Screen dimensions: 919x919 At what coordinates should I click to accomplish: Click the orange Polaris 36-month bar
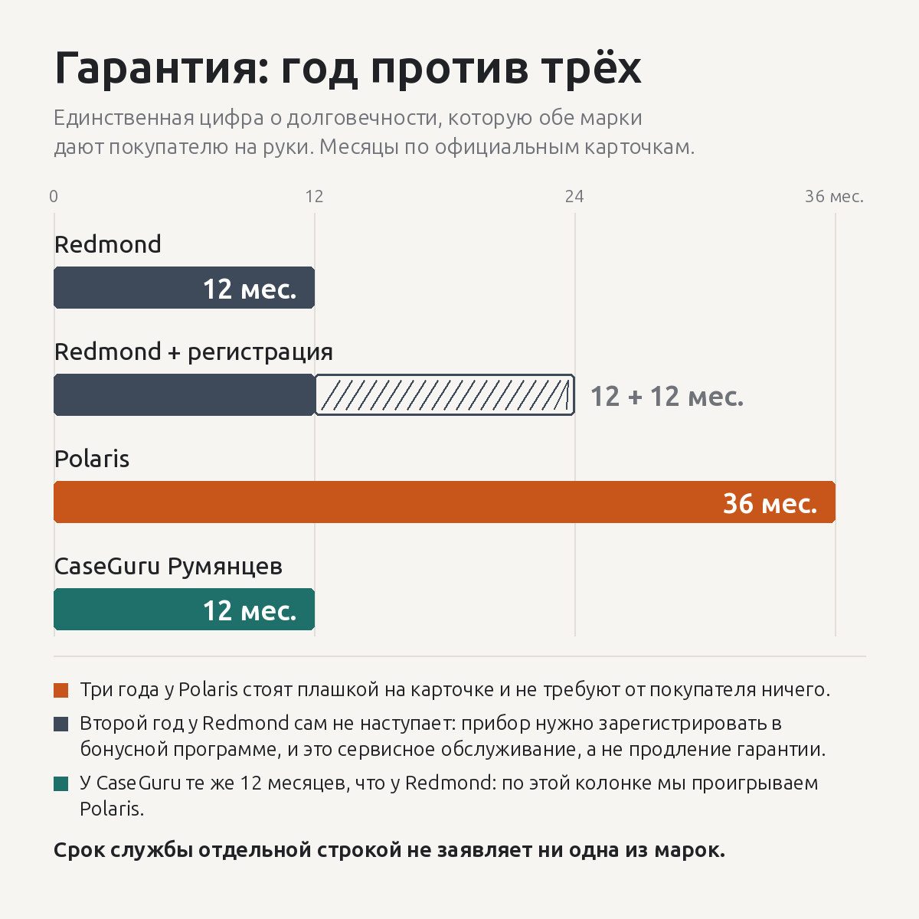(x=444, y=502)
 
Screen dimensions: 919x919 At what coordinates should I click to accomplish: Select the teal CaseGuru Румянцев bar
(x=184, y=609)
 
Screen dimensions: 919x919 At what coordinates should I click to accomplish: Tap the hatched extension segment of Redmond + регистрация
(x=444, y=395)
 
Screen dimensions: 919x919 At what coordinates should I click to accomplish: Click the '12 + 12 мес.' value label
(x=667, y=396)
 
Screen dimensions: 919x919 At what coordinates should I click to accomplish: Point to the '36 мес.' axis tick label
(x=834, y=196)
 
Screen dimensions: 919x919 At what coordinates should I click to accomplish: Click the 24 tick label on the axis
(x=574, y=196)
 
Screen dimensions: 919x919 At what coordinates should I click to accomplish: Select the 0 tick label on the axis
(x=54, y=196)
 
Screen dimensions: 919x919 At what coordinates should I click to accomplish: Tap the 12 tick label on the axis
(x=314, y=196)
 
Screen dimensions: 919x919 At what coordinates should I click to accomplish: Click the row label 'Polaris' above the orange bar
(x=92, y=459)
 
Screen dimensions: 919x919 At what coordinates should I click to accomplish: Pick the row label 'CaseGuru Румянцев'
(x=168, y=567)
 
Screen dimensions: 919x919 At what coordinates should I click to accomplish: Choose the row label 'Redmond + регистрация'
(x=194, y=352)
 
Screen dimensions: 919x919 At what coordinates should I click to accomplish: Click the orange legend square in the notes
(x=61, y=690)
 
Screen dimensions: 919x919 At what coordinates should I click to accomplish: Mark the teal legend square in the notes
(x=61, y=783)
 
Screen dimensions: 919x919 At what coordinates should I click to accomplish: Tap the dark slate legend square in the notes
(x=61, y=724)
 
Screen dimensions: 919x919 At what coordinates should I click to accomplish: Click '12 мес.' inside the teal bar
(x=250, y=610)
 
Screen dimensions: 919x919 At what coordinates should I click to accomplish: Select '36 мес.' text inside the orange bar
(x=770, y=503)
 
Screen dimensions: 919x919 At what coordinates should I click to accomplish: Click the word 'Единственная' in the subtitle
(x=124, y=118)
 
